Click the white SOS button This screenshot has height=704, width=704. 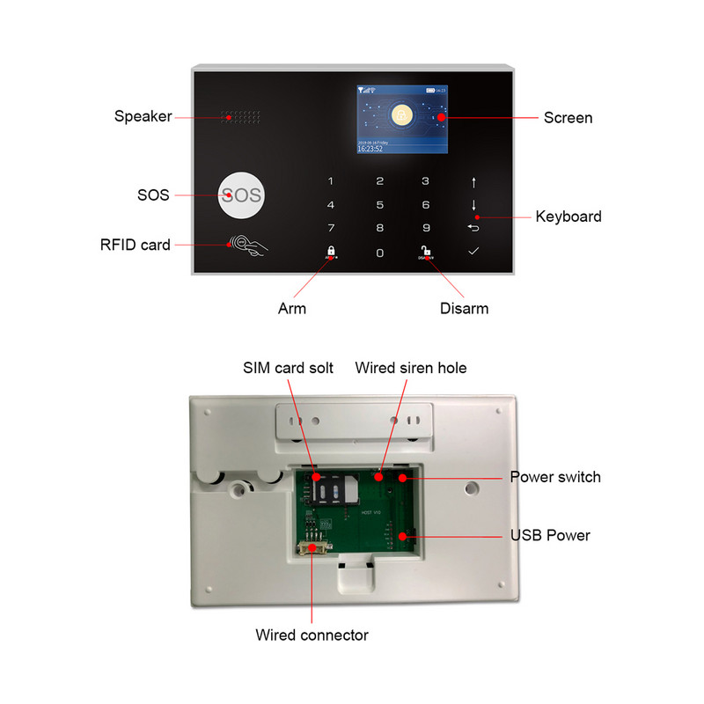click(240, 194)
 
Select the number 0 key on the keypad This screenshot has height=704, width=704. click(380, 253)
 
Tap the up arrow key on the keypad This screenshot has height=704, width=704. click(473, 182)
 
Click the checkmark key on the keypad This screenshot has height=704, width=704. click(473, 252)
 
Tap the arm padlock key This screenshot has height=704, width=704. click(332, 251)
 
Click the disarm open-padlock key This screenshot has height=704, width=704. click(426, 251)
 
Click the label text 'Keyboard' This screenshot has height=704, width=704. click(568, 216)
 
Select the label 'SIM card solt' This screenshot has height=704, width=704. click(288, 368)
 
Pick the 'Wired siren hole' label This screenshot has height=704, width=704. click(410, 368)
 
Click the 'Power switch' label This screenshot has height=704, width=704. click(555, 477)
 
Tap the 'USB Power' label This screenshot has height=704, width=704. click(551, 535)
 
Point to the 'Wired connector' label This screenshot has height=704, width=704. click(312, 634)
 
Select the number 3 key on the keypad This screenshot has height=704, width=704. click(426, 182)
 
